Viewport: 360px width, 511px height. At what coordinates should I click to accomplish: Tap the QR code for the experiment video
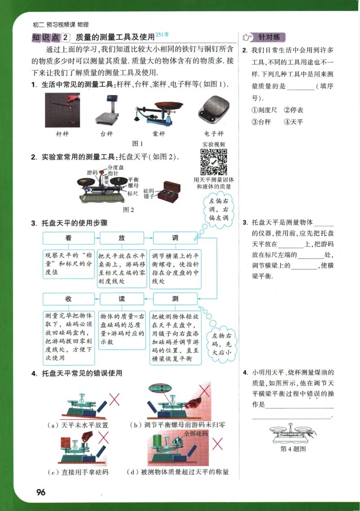[213, 162]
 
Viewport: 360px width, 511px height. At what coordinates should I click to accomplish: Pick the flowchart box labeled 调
[175, 238]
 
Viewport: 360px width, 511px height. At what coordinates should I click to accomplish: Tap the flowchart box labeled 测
[175, 299]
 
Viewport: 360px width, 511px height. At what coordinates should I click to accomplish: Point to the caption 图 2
[129, 209]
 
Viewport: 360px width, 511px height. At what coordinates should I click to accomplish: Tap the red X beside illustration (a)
[115, 398]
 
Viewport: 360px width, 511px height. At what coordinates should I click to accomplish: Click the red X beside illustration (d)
[218, 444]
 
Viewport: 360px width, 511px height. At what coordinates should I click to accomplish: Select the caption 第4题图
[293, 448]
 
